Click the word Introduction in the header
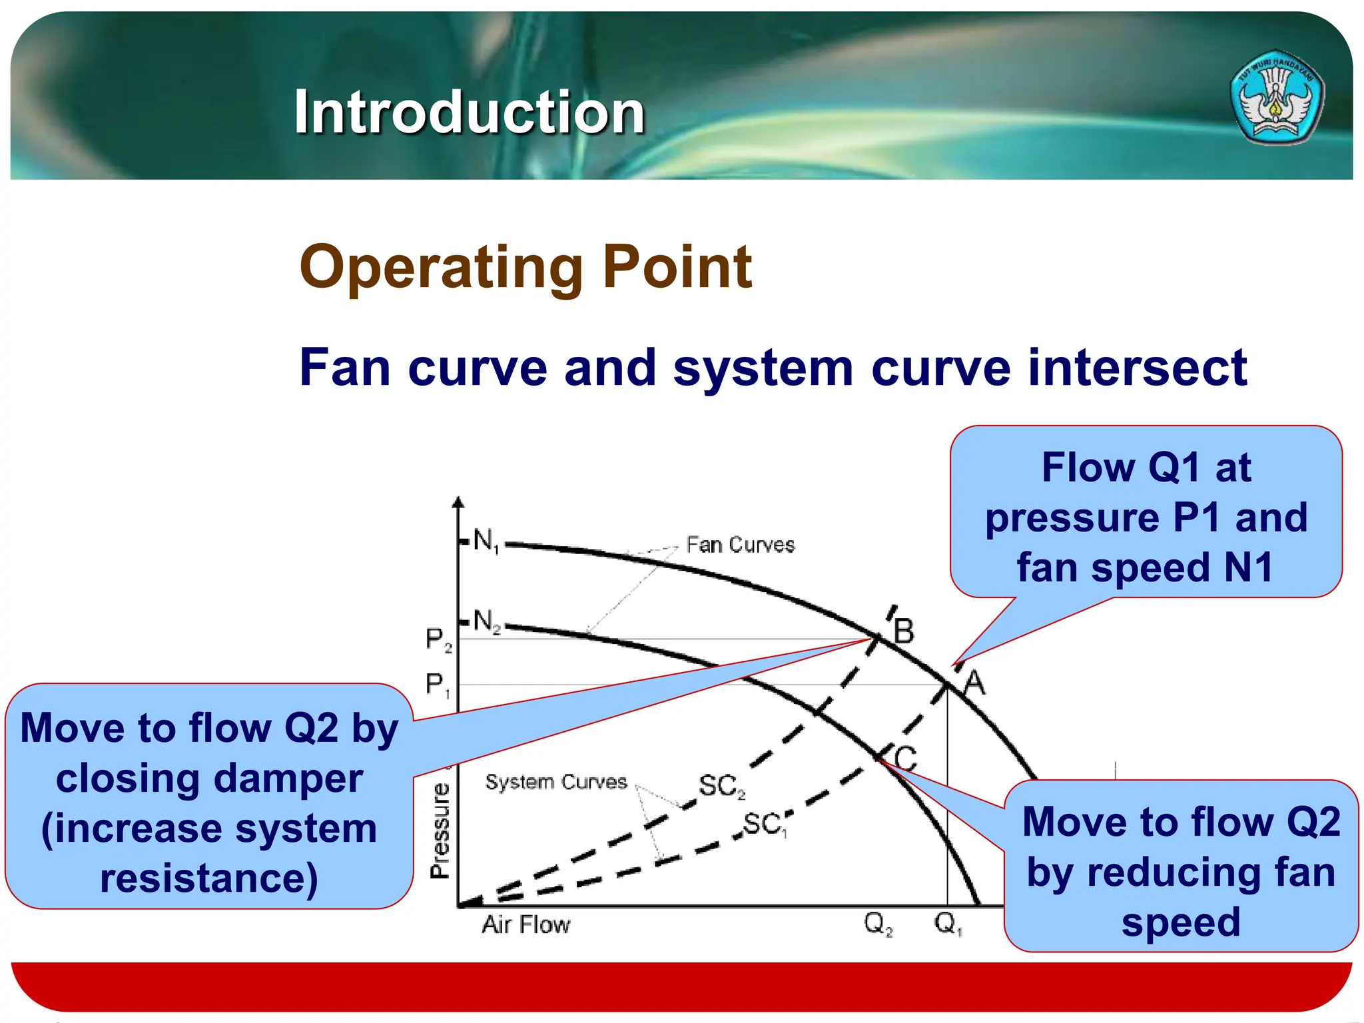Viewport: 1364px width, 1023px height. pos(470,112)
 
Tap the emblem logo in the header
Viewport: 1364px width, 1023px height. pos(1276,97)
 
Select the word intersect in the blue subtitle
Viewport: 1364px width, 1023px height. pos(1137,368)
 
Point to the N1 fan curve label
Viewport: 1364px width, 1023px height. pos(486,541)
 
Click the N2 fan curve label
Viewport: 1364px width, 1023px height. pos(487,622)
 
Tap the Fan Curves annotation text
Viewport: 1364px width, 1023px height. pos(740,545)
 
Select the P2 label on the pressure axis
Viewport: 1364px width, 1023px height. pos(438,639)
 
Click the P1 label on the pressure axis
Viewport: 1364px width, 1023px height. pos(438,685)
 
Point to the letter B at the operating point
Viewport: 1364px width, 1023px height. pos(904,631)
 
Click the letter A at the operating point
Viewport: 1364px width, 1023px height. pos(974,683)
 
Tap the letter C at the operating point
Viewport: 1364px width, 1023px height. pos(905,758)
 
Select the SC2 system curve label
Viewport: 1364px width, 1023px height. pos(721,787)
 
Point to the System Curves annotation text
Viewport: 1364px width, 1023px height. pos(556,782)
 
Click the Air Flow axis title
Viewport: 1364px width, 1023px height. pos(526,925)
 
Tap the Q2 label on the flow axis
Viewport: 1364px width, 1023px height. pos(878,924)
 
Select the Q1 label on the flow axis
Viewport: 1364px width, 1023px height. pos(948,924)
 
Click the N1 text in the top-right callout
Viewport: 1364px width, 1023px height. pos(1248,567)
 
